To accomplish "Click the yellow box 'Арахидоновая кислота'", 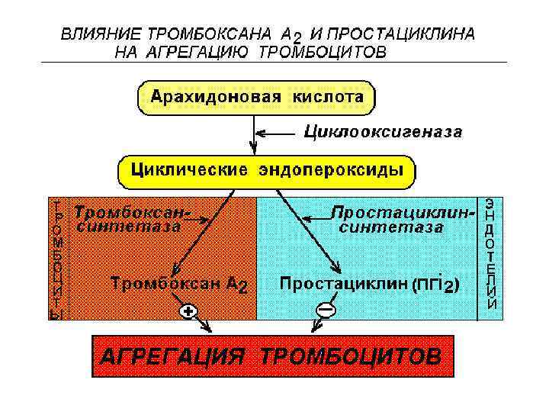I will [256, 98].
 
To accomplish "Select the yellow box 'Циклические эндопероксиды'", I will [267, 170].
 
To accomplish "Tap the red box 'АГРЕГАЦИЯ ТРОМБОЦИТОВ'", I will [267, 356].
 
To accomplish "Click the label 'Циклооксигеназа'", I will [383, 132].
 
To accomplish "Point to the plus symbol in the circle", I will [188, 311].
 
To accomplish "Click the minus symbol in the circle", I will [326, 310].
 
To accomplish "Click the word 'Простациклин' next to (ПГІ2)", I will [344, 283].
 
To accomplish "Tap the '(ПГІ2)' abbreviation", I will [435, 285].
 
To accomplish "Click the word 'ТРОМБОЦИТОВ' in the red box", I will [350, 356].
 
